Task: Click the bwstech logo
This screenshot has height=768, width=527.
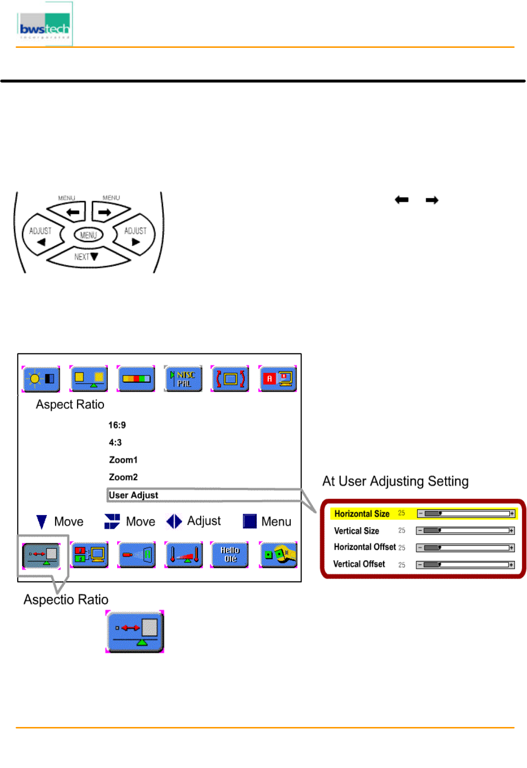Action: pos(44,25)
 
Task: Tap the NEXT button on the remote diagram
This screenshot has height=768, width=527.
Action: pos(86,257)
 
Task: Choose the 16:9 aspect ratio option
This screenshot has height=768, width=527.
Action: pos(117,425)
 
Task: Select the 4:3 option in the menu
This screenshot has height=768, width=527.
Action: pos(116,443)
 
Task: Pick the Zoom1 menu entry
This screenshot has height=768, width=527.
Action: pos(123,460)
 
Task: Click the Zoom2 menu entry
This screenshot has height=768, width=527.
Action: pos(123,477)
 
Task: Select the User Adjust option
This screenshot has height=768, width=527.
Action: pos(134,495)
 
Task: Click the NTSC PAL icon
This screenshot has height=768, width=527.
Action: pos(183,379)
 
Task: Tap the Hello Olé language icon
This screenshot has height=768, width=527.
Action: pos(230,555)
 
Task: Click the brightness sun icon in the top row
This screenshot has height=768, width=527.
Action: pos(41,379)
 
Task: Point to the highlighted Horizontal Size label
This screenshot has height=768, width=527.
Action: pos(362,514)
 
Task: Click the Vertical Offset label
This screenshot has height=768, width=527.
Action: pos(359,564)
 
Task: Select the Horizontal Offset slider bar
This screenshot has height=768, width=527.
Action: pos(465,548)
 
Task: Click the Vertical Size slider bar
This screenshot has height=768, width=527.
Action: pos(465,531)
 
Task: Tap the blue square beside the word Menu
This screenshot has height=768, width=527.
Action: pos(250,521)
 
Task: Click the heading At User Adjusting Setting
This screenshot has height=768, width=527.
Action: pos(395,481)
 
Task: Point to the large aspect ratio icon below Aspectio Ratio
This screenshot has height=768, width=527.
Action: pos(135,631)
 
